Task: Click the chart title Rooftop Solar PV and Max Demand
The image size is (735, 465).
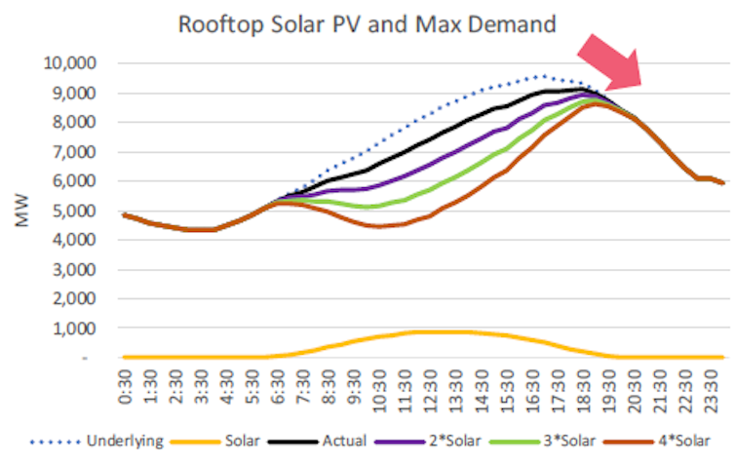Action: tap(367, 24)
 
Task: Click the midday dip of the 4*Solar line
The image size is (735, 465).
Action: tap(380, 226)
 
